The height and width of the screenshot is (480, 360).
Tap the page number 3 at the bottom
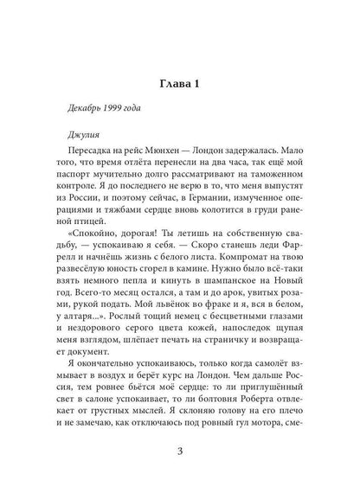point(180,450)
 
